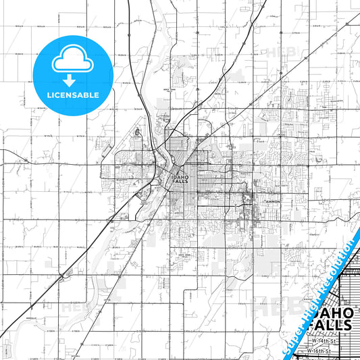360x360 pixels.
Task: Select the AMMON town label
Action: click(x=272, y=201)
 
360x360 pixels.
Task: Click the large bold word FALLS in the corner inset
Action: click(x=331, y=325)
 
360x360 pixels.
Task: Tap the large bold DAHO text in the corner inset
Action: click(x=334, y=312)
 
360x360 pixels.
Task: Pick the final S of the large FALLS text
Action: click(x=349, y=325)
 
